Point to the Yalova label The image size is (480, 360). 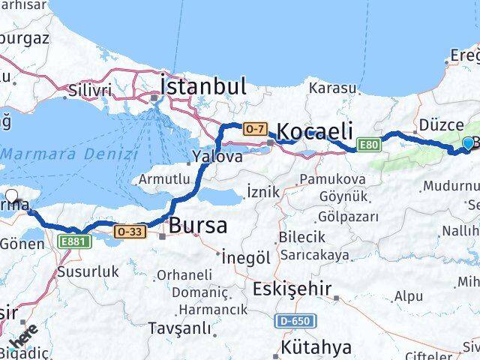[217, 157]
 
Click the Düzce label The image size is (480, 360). [439, 126]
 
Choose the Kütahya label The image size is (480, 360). [316, 348]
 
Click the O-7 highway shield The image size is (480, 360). [253, 129]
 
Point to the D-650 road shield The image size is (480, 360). [295, 321]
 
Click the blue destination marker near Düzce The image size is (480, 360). [469, 143]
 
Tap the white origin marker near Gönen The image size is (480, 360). [12, 198]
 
